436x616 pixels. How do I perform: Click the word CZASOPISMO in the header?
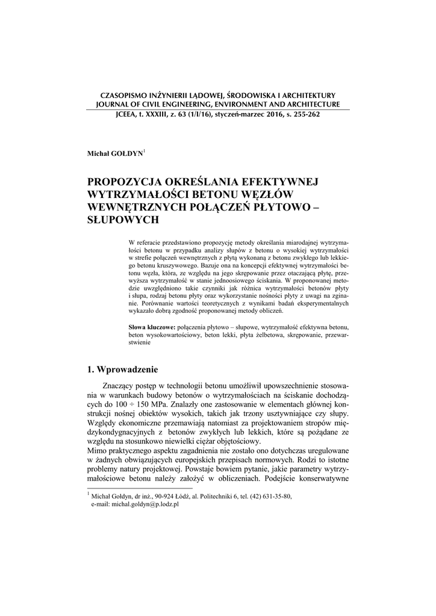coord(128,95)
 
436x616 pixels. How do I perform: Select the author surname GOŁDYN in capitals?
coord(125,155)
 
